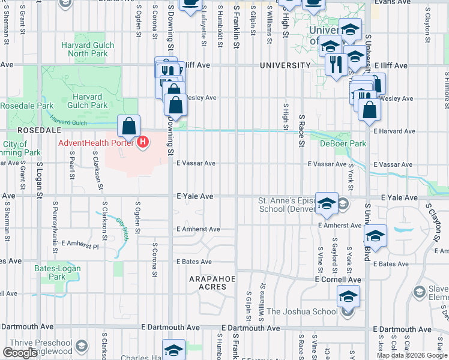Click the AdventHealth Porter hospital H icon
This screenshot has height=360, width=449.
point(143,143)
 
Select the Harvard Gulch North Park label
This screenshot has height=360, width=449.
point(84,49)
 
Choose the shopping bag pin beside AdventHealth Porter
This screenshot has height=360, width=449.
point(128,127)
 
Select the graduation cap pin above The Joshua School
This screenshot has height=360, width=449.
point(348,296)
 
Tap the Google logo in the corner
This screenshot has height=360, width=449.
point(20,353)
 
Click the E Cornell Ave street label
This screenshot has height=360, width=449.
point(338,280)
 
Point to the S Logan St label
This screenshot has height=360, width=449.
point(39,178)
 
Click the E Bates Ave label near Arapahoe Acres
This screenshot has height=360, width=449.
point(194,262)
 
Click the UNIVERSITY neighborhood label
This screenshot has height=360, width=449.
point(286,65)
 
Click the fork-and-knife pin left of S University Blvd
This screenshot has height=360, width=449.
point(336,64)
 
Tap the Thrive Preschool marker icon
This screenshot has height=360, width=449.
point(82,346)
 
